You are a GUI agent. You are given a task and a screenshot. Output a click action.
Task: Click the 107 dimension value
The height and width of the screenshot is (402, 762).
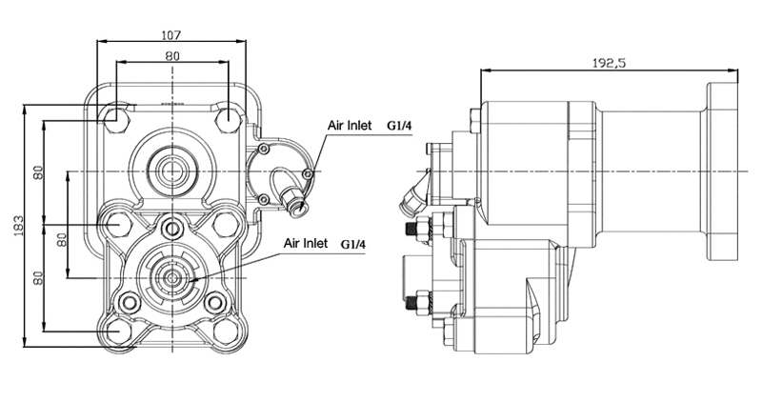pos(171,35)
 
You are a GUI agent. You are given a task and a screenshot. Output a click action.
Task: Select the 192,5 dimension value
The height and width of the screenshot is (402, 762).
pos(609,63)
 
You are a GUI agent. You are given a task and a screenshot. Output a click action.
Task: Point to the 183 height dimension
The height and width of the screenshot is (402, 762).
pos(19,226)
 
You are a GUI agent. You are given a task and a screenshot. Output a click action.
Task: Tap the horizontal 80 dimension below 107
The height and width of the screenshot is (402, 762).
pos(171,55)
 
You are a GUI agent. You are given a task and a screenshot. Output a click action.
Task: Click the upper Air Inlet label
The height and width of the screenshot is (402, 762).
pos(350,126)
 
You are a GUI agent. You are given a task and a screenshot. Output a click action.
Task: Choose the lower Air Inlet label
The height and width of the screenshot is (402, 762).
pos(306,243)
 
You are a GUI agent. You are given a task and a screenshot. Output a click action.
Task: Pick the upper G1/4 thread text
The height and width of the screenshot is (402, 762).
pos(399,126)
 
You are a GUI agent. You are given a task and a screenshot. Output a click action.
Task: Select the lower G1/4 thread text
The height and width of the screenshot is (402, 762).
pos(353,243)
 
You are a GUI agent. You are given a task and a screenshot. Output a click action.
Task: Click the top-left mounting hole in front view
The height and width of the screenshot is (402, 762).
pos(116,116)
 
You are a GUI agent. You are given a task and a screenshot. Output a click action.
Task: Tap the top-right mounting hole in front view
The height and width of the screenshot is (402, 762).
pos(228,116)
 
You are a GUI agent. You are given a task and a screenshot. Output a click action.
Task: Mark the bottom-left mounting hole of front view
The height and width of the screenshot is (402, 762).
pos(116,332)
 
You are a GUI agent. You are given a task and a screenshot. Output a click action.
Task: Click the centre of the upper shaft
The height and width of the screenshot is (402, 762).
pos(172,171)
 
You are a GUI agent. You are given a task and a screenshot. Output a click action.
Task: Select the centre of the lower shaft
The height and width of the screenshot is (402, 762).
pos(172,278)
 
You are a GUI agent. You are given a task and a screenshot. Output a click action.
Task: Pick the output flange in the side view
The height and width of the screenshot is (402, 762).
pos(723,171)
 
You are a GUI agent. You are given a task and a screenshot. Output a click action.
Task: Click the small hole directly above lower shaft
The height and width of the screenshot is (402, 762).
pos(172,227)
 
